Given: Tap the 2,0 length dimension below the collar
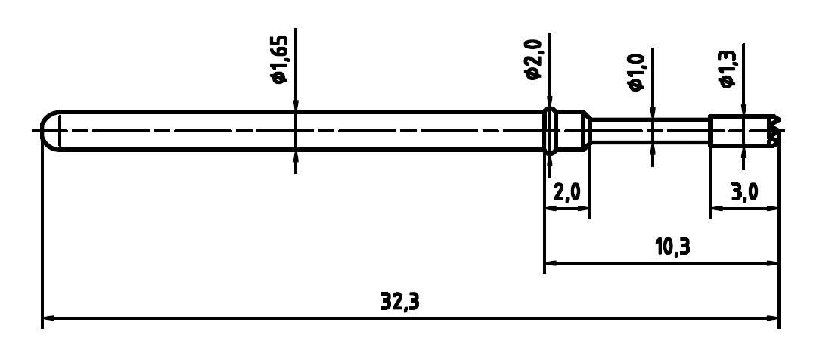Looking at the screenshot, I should (x=566, y=192).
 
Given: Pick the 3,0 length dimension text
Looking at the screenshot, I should (x=745, y=192).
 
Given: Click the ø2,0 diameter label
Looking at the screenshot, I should (x=532, y=62).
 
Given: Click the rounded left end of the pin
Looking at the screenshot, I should (x=49, y=131).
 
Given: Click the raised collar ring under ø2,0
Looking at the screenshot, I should (x=551, y=131).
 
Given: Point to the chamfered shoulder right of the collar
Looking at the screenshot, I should (x=585, y=131).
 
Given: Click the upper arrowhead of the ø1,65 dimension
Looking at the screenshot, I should (x=295, y=105).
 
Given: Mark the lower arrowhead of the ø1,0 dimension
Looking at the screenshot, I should (x=652, y=149).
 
